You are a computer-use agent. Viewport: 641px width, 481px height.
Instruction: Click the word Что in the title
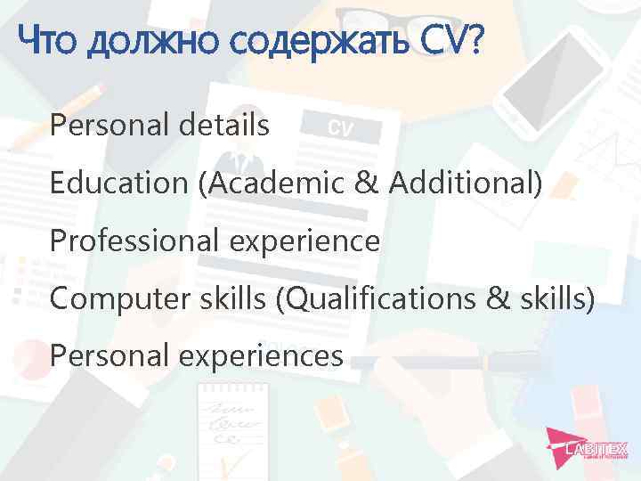(48, 39)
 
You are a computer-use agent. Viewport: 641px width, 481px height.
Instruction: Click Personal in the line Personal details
(99, 126)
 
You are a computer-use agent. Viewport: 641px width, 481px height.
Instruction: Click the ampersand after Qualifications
(504, 299)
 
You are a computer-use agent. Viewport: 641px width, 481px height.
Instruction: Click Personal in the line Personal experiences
(99, 356)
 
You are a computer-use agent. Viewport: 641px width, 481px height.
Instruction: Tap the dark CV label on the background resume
(340, 128)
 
